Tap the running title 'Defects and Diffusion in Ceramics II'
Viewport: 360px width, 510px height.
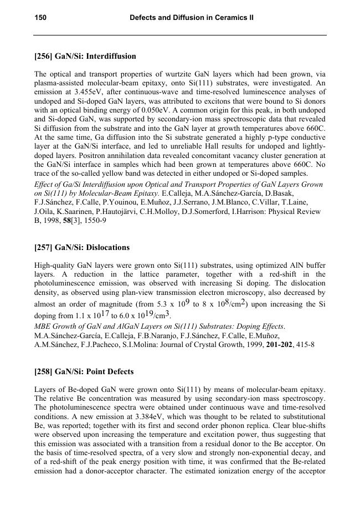(x=192, y=18)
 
